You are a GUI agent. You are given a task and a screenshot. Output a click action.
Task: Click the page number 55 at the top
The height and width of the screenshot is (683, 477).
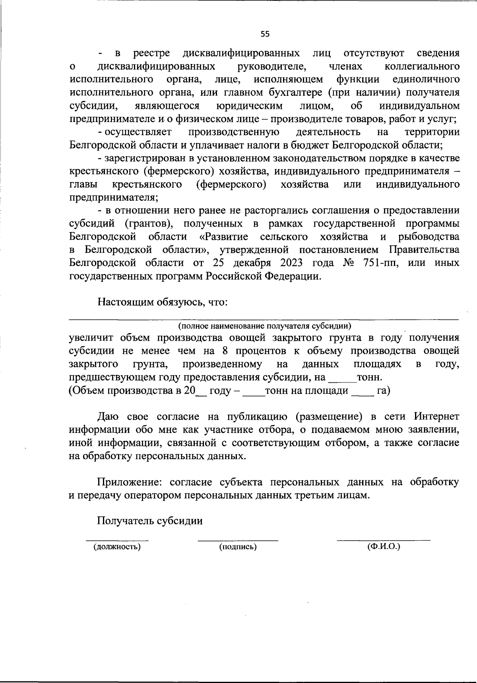pyautogui.click(x=265, y=34)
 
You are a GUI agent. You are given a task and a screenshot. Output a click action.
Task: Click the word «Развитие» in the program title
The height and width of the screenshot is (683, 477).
pyautogui.click(x=223, y=237)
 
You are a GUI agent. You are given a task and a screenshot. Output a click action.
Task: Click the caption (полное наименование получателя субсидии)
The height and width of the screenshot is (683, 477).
pyautogui.click(x=265, y=326)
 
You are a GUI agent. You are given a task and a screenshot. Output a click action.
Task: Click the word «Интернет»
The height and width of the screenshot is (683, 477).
pyautogui.click(x=436, y=417)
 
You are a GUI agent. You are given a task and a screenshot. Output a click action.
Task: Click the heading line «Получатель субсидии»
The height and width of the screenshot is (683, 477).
pyautogui.click(x=150, y=521)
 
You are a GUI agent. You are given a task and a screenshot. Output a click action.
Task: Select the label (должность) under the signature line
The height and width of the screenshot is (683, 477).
pyautogui.click(x=117, y=547)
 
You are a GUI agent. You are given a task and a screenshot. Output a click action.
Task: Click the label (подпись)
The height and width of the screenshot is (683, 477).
pyautogui.click(x=238, y=547)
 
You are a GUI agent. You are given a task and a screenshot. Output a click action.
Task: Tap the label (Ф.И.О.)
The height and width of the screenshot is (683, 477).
pyautogui.click(x=384, y=547)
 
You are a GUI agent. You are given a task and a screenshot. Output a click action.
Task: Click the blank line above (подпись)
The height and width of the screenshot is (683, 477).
pyautogui.click(x=238, y=539)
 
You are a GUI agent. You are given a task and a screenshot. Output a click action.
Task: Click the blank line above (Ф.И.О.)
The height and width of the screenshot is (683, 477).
pyautogui.click(x=384, y=539)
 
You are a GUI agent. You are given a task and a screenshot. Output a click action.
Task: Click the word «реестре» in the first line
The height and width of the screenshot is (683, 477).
pyautogui.click(x=151, y=53)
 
